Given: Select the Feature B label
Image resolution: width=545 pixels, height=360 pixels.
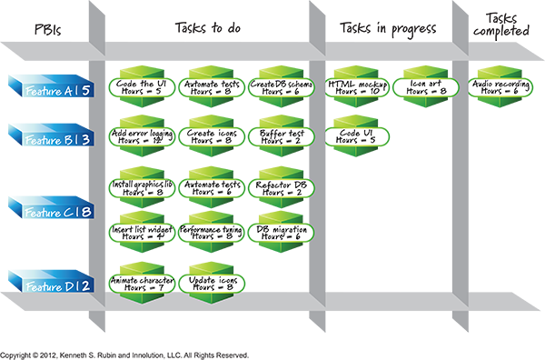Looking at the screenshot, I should coord(57,140).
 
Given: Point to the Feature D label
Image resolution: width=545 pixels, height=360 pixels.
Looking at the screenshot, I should coord(57,288).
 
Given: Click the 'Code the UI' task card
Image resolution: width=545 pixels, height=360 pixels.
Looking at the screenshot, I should coord(141,87).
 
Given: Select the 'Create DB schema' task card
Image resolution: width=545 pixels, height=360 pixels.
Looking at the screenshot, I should coord(281,87).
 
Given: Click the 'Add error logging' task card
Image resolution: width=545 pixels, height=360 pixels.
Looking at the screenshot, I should coord(141,136).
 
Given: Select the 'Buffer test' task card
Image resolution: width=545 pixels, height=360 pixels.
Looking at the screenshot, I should coord(281,136).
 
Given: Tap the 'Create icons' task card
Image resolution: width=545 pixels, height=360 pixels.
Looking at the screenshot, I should coord(211,136).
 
